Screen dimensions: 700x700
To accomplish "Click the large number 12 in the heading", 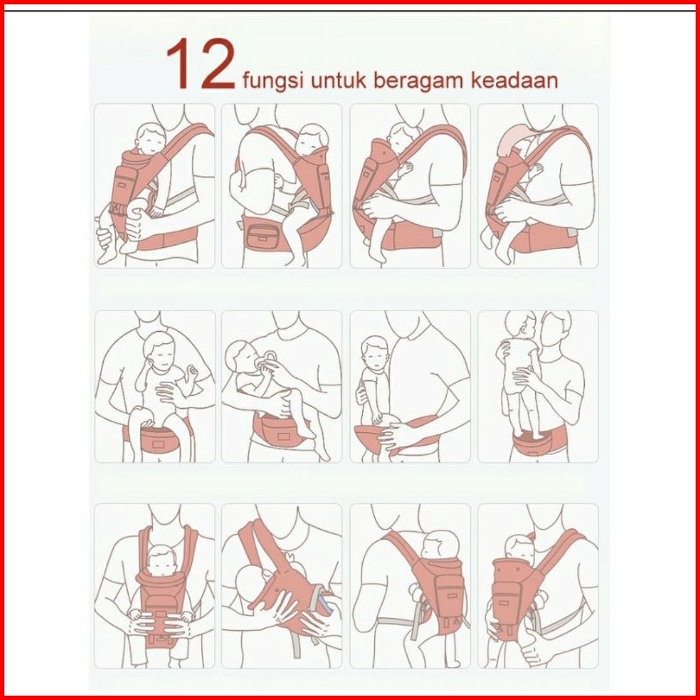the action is [x=200, y=64].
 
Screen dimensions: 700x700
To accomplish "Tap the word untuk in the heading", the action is [x=339, y=80].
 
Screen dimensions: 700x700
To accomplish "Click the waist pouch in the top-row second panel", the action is [x=263, y=235].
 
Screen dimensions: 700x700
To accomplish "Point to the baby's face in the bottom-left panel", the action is [x=161, y=562].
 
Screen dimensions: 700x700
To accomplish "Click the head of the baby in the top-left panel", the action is [x=150, y=139].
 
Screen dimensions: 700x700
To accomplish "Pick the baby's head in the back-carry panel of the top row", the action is [x=313, y=139].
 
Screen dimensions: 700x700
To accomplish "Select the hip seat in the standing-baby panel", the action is [x=539, y=441].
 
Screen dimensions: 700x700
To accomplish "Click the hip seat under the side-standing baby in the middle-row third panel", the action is [x=395, y=436].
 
